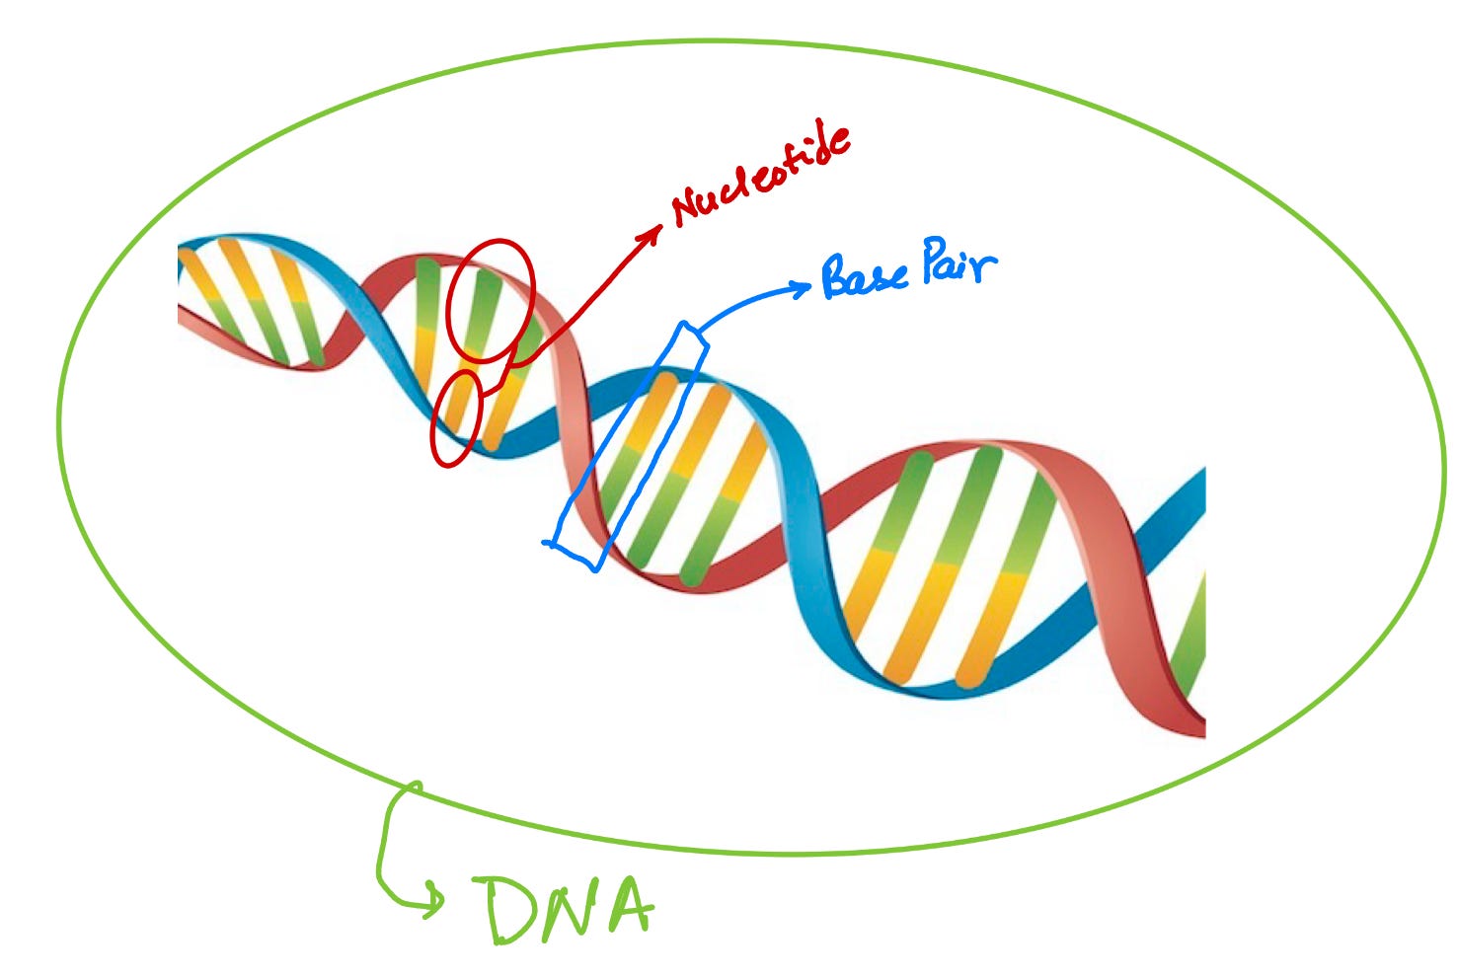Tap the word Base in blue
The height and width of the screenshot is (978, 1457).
(x=865, y=276)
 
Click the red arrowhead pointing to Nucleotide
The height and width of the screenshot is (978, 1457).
(x=654, y=232)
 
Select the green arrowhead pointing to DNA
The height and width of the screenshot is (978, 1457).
(x=434, y=899)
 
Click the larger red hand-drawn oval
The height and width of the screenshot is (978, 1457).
(x=490, y=301)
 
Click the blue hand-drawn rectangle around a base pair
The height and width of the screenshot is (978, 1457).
(x=628, y=446)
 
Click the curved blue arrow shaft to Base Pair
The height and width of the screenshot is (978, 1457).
(x=740, y=301)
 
